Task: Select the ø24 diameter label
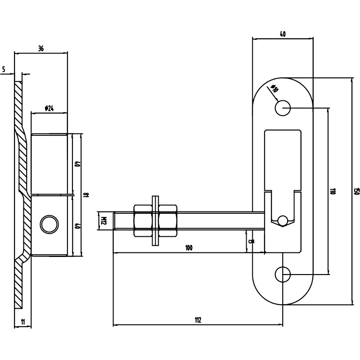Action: (x=49, y=108)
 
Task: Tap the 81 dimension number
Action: (x=87, y=195)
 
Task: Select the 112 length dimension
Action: (x=198, y=320)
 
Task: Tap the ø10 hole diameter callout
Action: (x=274, y=89)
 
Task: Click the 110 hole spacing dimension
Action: (x=333, y=191)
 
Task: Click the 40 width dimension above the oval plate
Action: (x=283, y=34)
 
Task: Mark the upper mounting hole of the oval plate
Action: (x=283, y=108)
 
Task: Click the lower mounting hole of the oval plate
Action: (x=283, y=274)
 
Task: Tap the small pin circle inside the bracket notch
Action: (x=283, y=220)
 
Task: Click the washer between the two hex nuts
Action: (x=155, y=220)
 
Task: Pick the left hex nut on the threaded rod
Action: (x=143, y=220)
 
